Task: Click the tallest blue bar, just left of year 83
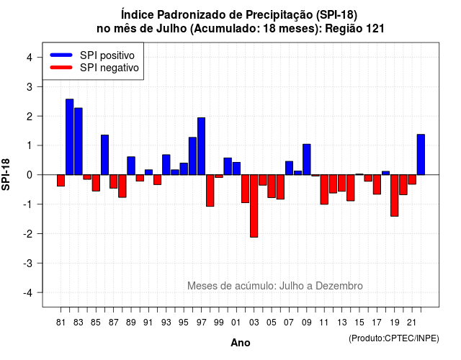coord(70,137)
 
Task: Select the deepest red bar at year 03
coord(254,206)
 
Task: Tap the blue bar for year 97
coord(202,146)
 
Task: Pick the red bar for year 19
coord(395,195)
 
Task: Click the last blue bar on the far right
coord(421,155)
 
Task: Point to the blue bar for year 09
coord(307,160)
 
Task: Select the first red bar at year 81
coord(61,181)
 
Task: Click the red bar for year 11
coord(324,189)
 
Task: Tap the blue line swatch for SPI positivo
coord(61,55)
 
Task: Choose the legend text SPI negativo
coord(109,68)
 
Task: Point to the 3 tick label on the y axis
coord(30,86)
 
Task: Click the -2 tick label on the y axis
coord(28,233)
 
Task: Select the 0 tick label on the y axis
coord(30,175)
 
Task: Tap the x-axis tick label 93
coord(166,323)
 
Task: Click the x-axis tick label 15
coord(359,323)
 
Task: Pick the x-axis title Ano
coord(241,343)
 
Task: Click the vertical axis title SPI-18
coord(6,174)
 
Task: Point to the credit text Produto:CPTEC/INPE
coord(394,338)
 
